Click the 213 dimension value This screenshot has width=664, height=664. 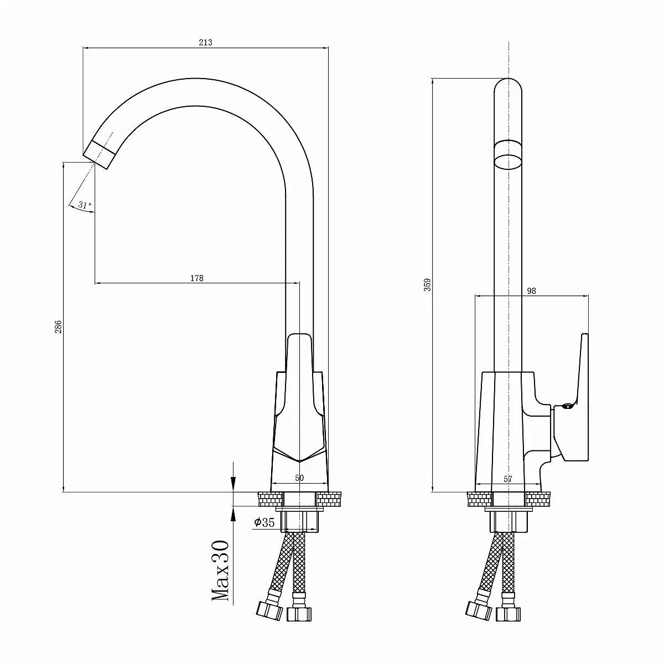click(x=205, y=43)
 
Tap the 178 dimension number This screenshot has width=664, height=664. click(x=197, y=278)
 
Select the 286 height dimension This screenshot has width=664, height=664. click(x=58, y=326)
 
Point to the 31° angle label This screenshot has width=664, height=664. click(x=85, y=205)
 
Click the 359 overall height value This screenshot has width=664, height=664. click(x=427, y=285)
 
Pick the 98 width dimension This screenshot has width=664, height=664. click(x=531, y=291)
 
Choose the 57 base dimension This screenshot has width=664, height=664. click(x=508, y=479)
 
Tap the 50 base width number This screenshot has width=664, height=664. click(x=299, y=478)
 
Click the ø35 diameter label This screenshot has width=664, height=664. click(x=264, y=522)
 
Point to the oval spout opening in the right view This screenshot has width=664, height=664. click(x=508, y=162)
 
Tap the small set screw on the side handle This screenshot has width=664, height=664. click(x=567, y=406)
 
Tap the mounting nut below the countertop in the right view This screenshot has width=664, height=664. click(x=509, y=522)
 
